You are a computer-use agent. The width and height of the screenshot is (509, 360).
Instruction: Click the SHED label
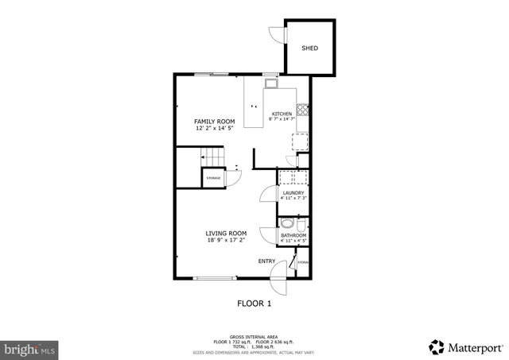309,48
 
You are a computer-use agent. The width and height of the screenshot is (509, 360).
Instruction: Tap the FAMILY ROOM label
215,122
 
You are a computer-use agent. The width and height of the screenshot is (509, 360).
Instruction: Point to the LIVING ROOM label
226,233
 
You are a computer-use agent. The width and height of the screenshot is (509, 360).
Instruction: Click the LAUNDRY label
293,193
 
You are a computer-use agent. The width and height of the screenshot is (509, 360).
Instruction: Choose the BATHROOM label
293,235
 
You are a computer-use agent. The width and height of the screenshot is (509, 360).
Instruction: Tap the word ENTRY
266,261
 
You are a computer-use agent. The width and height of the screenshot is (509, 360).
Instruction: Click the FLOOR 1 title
254,303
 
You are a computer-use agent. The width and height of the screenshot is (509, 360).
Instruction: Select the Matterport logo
465,347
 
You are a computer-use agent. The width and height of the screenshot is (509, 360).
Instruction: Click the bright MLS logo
30,349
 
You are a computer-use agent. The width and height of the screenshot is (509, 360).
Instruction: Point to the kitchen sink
271,83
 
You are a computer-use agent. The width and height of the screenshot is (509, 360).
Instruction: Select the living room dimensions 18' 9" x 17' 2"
226,240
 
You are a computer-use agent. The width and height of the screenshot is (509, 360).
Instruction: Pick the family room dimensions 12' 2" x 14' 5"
215,128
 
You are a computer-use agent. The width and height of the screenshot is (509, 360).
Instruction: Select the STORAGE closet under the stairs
213,178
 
